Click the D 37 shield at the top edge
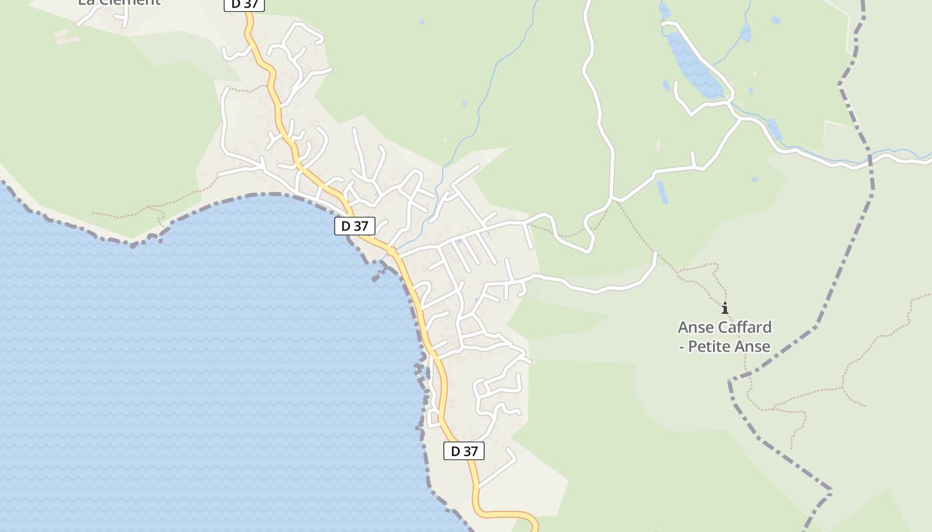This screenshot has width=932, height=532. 244,5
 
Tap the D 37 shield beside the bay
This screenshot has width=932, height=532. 355,226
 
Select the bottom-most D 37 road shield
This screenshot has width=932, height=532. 464,451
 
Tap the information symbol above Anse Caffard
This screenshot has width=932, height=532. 725,308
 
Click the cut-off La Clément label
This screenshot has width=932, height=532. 119,2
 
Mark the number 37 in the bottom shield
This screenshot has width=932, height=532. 471,451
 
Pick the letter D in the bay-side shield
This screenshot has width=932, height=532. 346,226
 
